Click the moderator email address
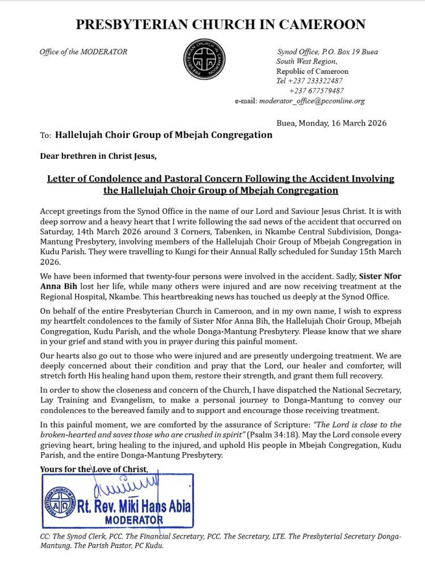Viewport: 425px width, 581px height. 311,101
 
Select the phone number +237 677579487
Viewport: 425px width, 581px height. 316,91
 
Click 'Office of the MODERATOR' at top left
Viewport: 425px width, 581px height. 84,52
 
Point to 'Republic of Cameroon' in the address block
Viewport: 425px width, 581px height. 312,71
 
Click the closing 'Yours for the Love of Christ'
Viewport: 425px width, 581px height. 94,469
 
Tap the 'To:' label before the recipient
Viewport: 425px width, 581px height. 46,136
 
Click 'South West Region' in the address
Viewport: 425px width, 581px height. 306,61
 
